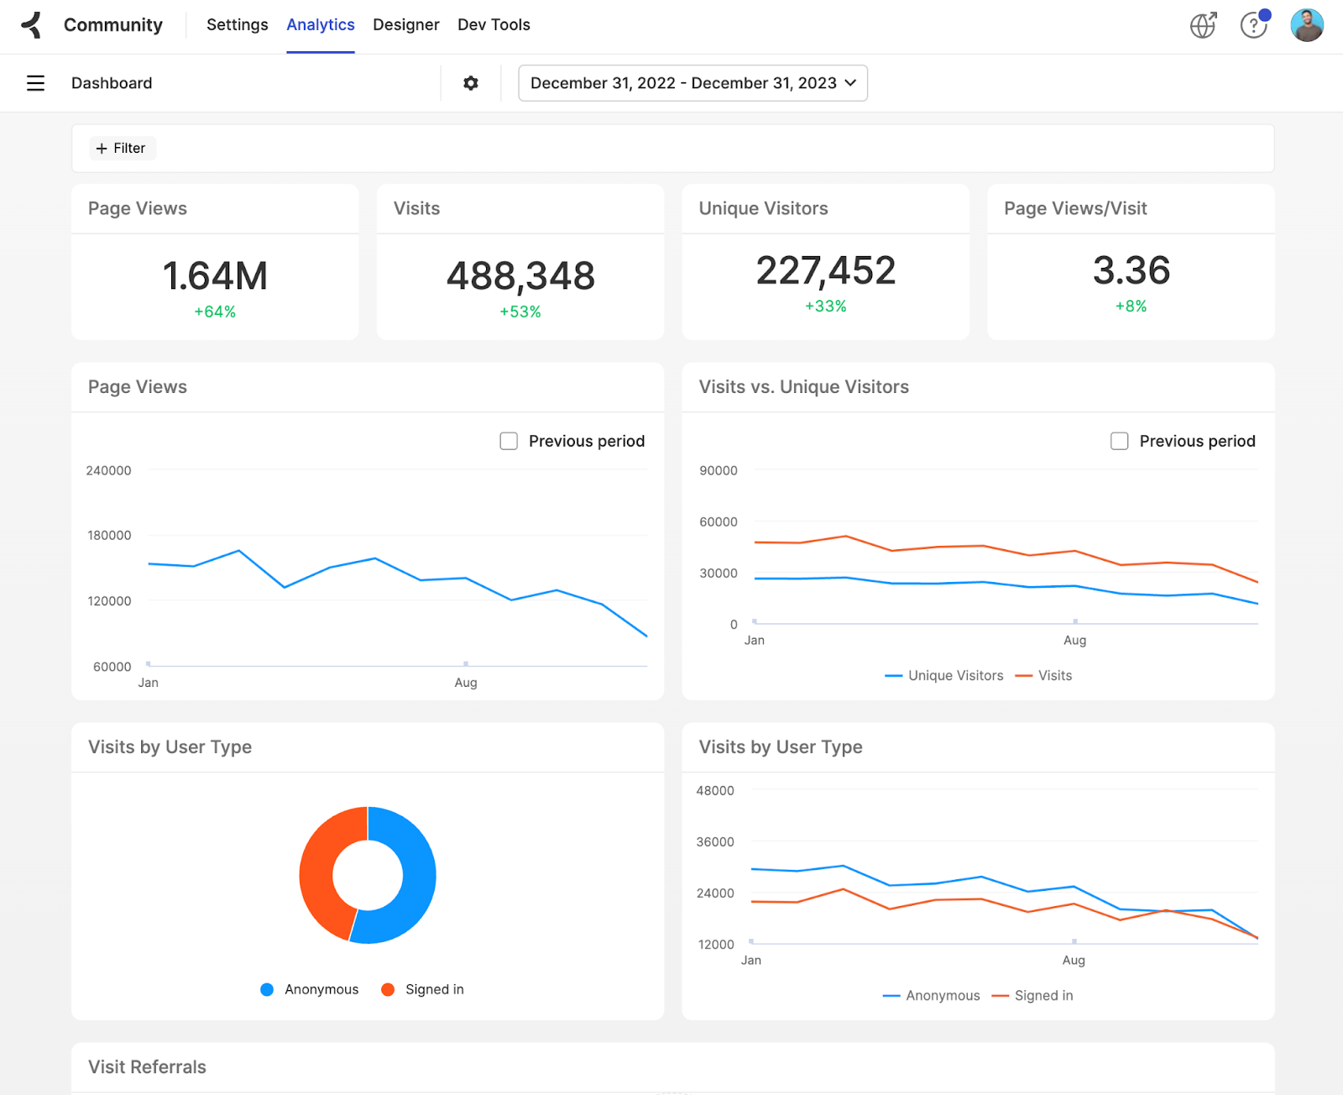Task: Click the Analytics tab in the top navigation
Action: pos(320,25)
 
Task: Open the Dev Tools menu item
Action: pos(494,25)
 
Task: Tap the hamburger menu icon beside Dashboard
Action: pos(35,83)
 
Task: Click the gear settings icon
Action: pos(471,83)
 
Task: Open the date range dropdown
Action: pos(692,83)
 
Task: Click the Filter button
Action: pos(122,149)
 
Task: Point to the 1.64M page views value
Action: pos(215,276)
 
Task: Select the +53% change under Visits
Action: pos(520,312)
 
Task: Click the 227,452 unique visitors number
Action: pos(826,270)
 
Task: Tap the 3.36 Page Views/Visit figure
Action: pos(1131,270)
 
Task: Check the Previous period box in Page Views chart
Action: pos(509,442)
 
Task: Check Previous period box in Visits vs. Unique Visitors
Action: pos(1120,442)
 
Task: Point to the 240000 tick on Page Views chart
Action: pos(109,471)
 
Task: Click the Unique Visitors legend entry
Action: pos(945,676)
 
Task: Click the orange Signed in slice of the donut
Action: pos(320,873)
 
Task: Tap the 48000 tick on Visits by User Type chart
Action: pos(715,791)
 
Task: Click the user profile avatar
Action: pos(1306,25)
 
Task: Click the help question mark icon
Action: pos(1253,26)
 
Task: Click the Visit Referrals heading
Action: pos(147,1067)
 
